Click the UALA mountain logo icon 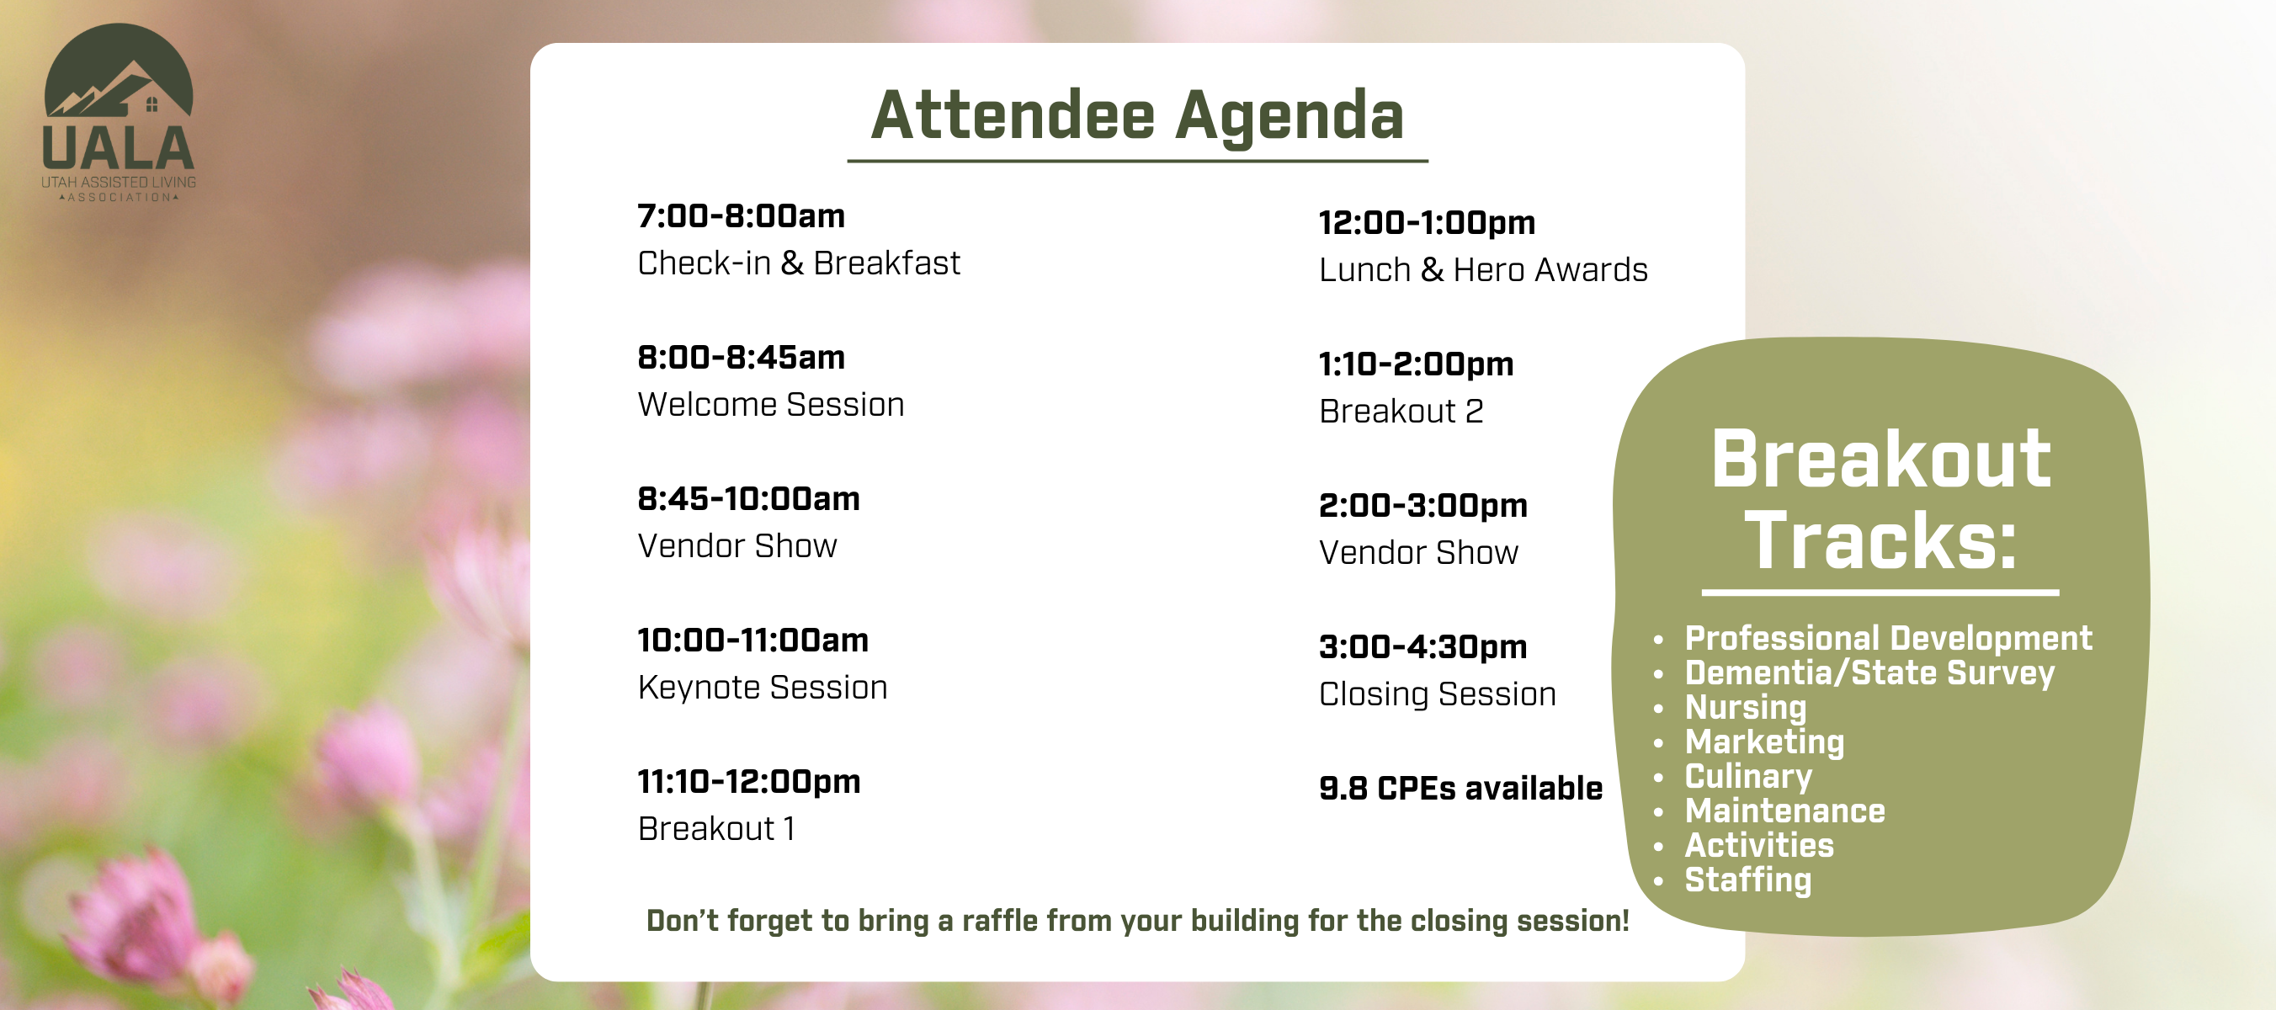pyautogui.click(x=119, y=70)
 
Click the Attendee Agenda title pyautogui.click(x=1137, y=116)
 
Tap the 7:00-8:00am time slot pyautogui.click(x=742, y=215)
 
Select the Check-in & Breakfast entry pyautogui.click(x=799, y=263)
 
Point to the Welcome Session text pyautogui.click(x=771, y=405)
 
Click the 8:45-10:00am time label pyautogui.click(x=748, y=498)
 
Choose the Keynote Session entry pyautogui.click(x=763, y=688)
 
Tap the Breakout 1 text pyautogui.click(x=715, y=829)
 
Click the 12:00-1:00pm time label pyautogui.click(x=1427, y=224)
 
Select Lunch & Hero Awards pyautogui.click(x=1483, y=269)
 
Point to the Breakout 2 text pyautogui.click(x=1401, y=411)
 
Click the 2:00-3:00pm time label pyautogui.click(x=1423, y=507)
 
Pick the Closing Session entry pyautogui.click(x=1438, y=694)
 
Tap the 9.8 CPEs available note pyautogui.click(x=1460, y=788)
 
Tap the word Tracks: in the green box pyautogui.click(x=1881, y=541)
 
